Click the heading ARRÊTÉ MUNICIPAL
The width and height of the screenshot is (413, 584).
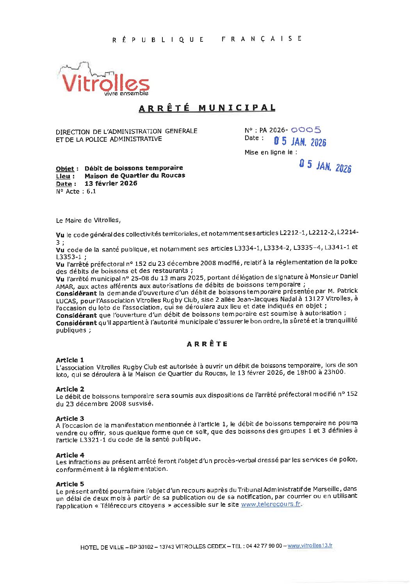[207, 108]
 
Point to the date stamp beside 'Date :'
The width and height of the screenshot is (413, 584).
[300, 141]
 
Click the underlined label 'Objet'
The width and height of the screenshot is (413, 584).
[65, 169]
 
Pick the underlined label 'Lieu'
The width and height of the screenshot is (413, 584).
[63, 176]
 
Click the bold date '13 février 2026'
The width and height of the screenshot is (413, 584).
[111, 183]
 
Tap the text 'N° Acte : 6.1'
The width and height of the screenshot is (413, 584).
[76, 191]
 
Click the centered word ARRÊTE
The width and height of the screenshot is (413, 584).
[207, 344]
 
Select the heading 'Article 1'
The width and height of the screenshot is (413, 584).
[70, 360]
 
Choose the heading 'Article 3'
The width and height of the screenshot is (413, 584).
[70, 418]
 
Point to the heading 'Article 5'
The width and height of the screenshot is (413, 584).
[70, 484]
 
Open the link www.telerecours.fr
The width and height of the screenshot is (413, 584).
[271, 504]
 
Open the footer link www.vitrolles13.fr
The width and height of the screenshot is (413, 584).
[310, 546]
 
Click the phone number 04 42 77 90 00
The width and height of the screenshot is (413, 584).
[264, 546]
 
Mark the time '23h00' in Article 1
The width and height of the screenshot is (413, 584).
[336, 372]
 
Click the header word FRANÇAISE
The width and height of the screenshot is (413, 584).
[262, 39]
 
